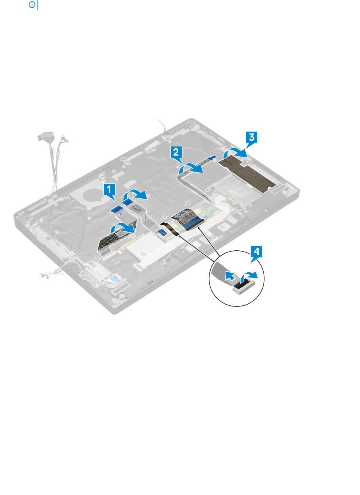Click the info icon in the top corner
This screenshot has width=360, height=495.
coord(32,5)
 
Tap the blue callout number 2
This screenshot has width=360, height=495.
coord(176,153)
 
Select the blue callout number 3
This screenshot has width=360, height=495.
coord(251,138)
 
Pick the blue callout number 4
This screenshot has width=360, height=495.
coord(256,252)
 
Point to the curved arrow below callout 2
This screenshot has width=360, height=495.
coord(190,169)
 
